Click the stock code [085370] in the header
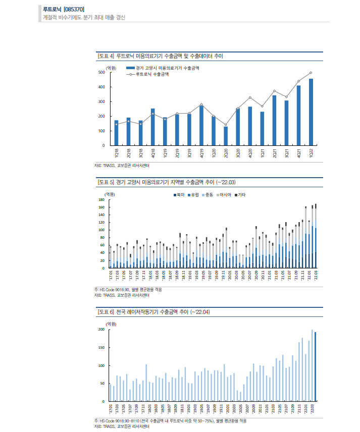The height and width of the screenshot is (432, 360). coord(74,9)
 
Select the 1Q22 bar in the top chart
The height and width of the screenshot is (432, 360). coord(311,112)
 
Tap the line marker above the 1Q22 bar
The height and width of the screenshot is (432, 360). coord(311,73)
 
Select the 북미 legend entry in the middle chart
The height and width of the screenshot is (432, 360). coord(179,194)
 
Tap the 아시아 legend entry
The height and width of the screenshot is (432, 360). coord(225,194)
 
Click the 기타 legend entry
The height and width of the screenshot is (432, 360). coord(242,194)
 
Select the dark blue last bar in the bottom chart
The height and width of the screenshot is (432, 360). coord(316,366)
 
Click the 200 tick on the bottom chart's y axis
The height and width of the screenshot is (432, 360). coord(101,330)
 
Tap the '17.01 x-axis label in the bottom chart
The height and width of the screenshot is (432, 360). coord(111,408)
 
